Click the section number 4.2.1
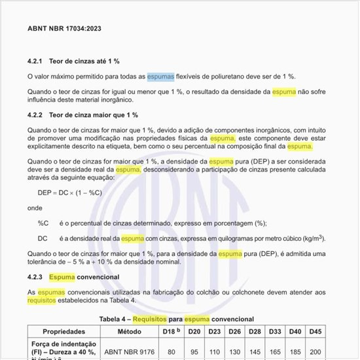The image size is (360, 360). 35,61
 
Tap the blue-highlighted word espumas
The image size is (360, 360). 160,77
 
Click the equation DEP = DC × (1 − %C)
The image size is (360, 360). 70,192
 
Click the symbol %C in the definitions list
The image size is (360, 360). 43,223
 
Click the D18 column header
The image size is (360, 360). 170,332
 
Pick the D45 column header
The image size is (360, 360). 315,332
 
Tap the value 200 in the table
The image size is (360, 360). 315,351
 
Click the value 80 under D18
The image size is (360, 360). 171,351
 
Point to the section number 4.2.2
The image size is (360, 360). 35,115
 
